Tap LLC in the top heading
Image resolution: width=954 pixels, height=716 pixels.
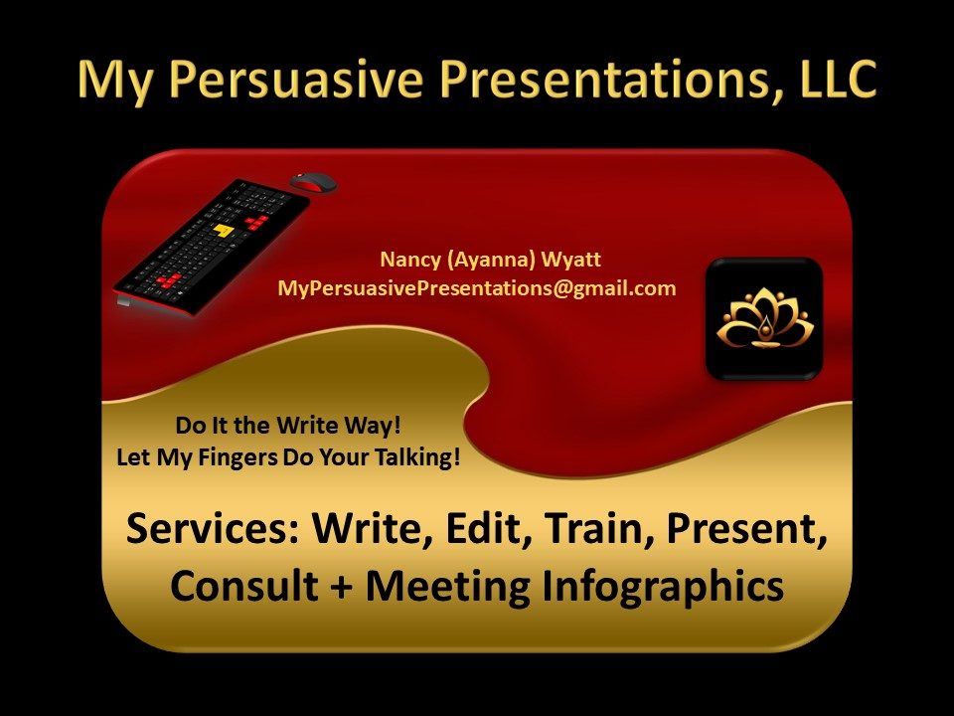(838, 80)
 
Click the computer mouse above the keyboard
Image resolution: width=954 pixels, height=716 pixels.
(313, 182)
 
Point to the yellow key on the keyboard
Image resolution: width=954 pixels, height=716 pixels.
(224, 230)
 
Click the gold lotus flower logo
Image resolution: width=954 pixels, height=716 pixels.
(764, 318)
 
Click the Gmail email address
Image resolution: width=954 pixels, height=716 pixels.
(476, 288)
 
